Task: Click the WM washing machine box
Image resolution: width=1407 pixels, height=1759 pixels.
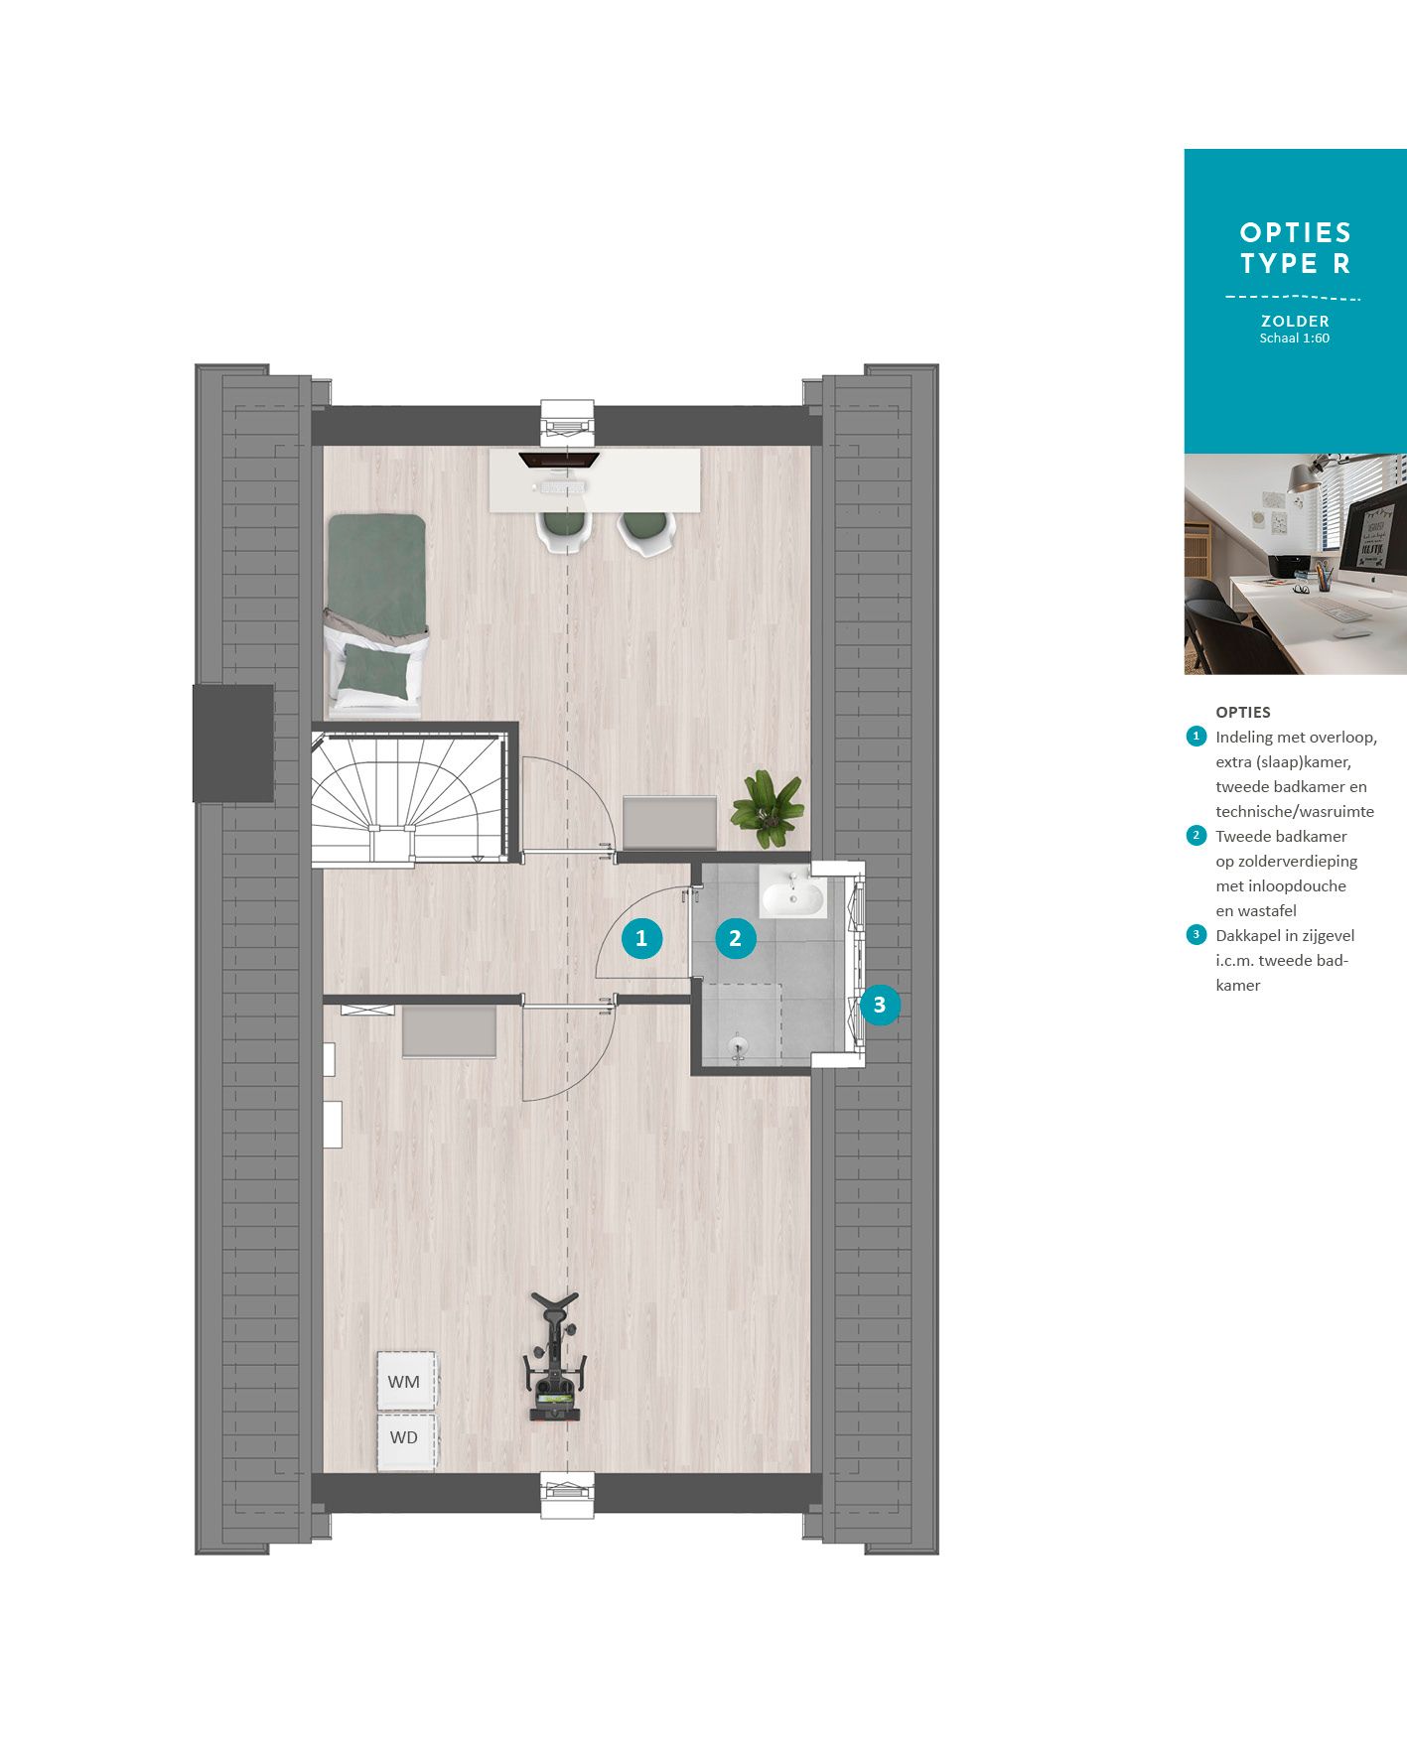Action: pos(405,1380)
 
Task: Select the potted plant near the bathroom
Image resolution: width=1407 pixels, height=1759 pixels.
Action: pos(768,808)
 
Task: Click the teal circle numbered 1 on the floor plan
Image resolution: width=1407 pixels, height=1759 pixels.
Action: pos(641,938)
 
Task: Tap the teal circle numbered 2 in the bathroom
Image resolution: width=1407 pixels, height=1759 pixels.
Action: pos(735,938)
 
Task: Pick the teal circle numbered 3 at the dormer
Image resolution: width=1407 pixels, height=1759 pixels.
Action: pos(880,1005)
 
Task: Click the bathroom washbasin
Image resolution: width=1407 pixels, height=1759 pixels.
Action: pos(792,897)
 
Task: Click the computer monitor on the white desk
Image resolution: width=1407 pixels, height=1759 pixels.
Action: pos(559,459)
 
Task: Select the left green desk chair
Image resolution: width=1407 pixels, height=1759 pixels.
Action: pos(564,529)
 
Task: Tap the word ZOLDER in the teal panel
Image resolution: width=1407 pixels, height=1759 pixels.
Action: pos(1295,321)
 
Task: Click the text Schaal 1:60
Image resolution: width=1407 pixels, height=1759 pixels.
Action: pos(1295,338)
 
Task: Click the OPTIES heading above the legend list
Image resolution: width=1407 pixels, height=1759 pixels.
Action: pos(1242,712)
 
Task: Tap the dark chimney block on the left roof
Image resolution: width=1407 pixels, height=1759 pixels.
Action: pos(233,743)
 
